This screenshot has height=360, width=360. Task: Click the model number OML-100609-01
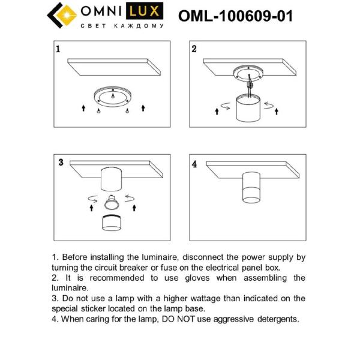(x=235, y=16)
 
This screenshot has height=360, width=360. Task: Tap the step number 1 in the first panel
(x=58, y=49)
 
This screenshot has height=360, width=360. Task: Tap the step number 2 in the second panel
(x=194, y=49)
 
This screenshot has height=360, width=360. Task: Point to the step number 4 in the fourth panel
(x=194, y=163)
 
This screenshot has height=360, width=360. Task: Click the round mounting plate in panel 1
(x=113, y=96)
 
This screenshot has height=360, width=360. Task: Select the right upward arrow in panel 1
(x=143, y=108)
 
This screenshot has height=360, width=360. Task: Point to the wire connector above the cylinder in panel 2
(x=250, y=87)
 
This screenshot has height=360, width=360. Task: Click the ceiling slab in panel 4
(x=252, y=165)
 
